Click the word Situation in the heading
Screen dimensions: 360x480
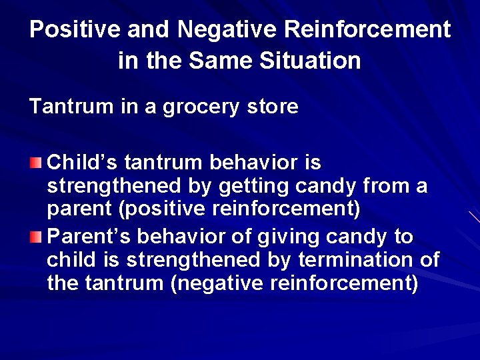point(309,61)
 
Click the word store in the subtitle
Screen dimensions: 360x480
point(274,107)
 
